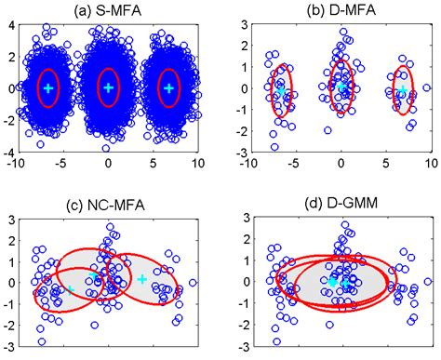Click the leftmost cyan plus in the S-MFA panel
pos(48,87)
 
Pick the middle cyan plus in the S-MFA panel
pos(108,87)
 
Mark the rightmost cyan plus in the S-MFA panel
pos(168,87)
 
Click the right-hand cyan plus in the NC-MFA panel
pos(141,278)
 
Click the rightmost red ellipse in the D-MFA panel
pos(403,90)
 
